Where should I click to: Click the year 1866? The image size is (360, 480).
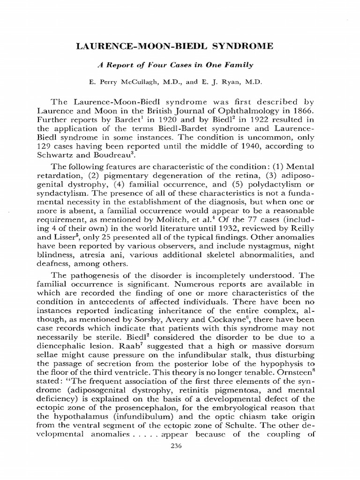pos(300,111)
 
